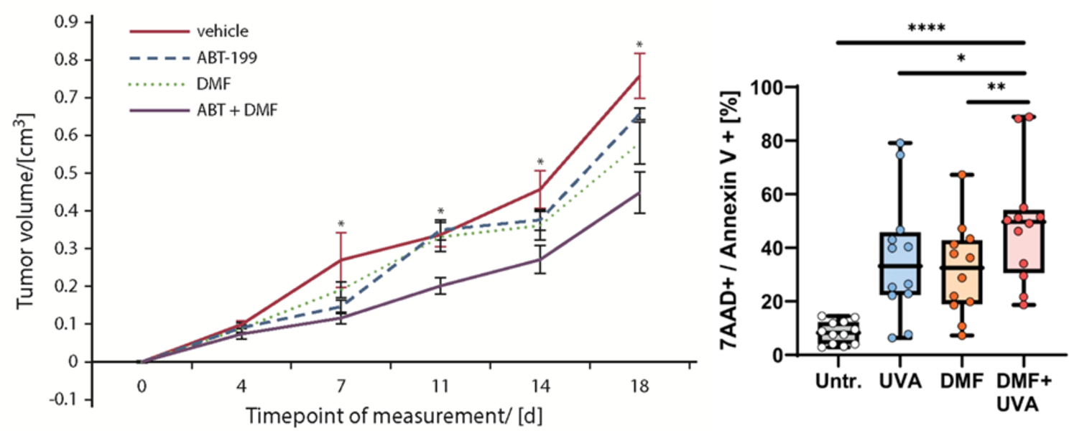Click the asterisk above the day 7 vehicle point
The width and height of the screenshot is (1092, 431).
341,225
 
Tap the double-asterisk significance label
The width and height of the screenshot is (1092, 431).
996,88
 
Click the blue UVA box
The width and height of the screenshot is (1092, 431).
899,264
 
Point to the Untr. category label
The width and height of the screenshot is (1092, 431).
838,381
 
